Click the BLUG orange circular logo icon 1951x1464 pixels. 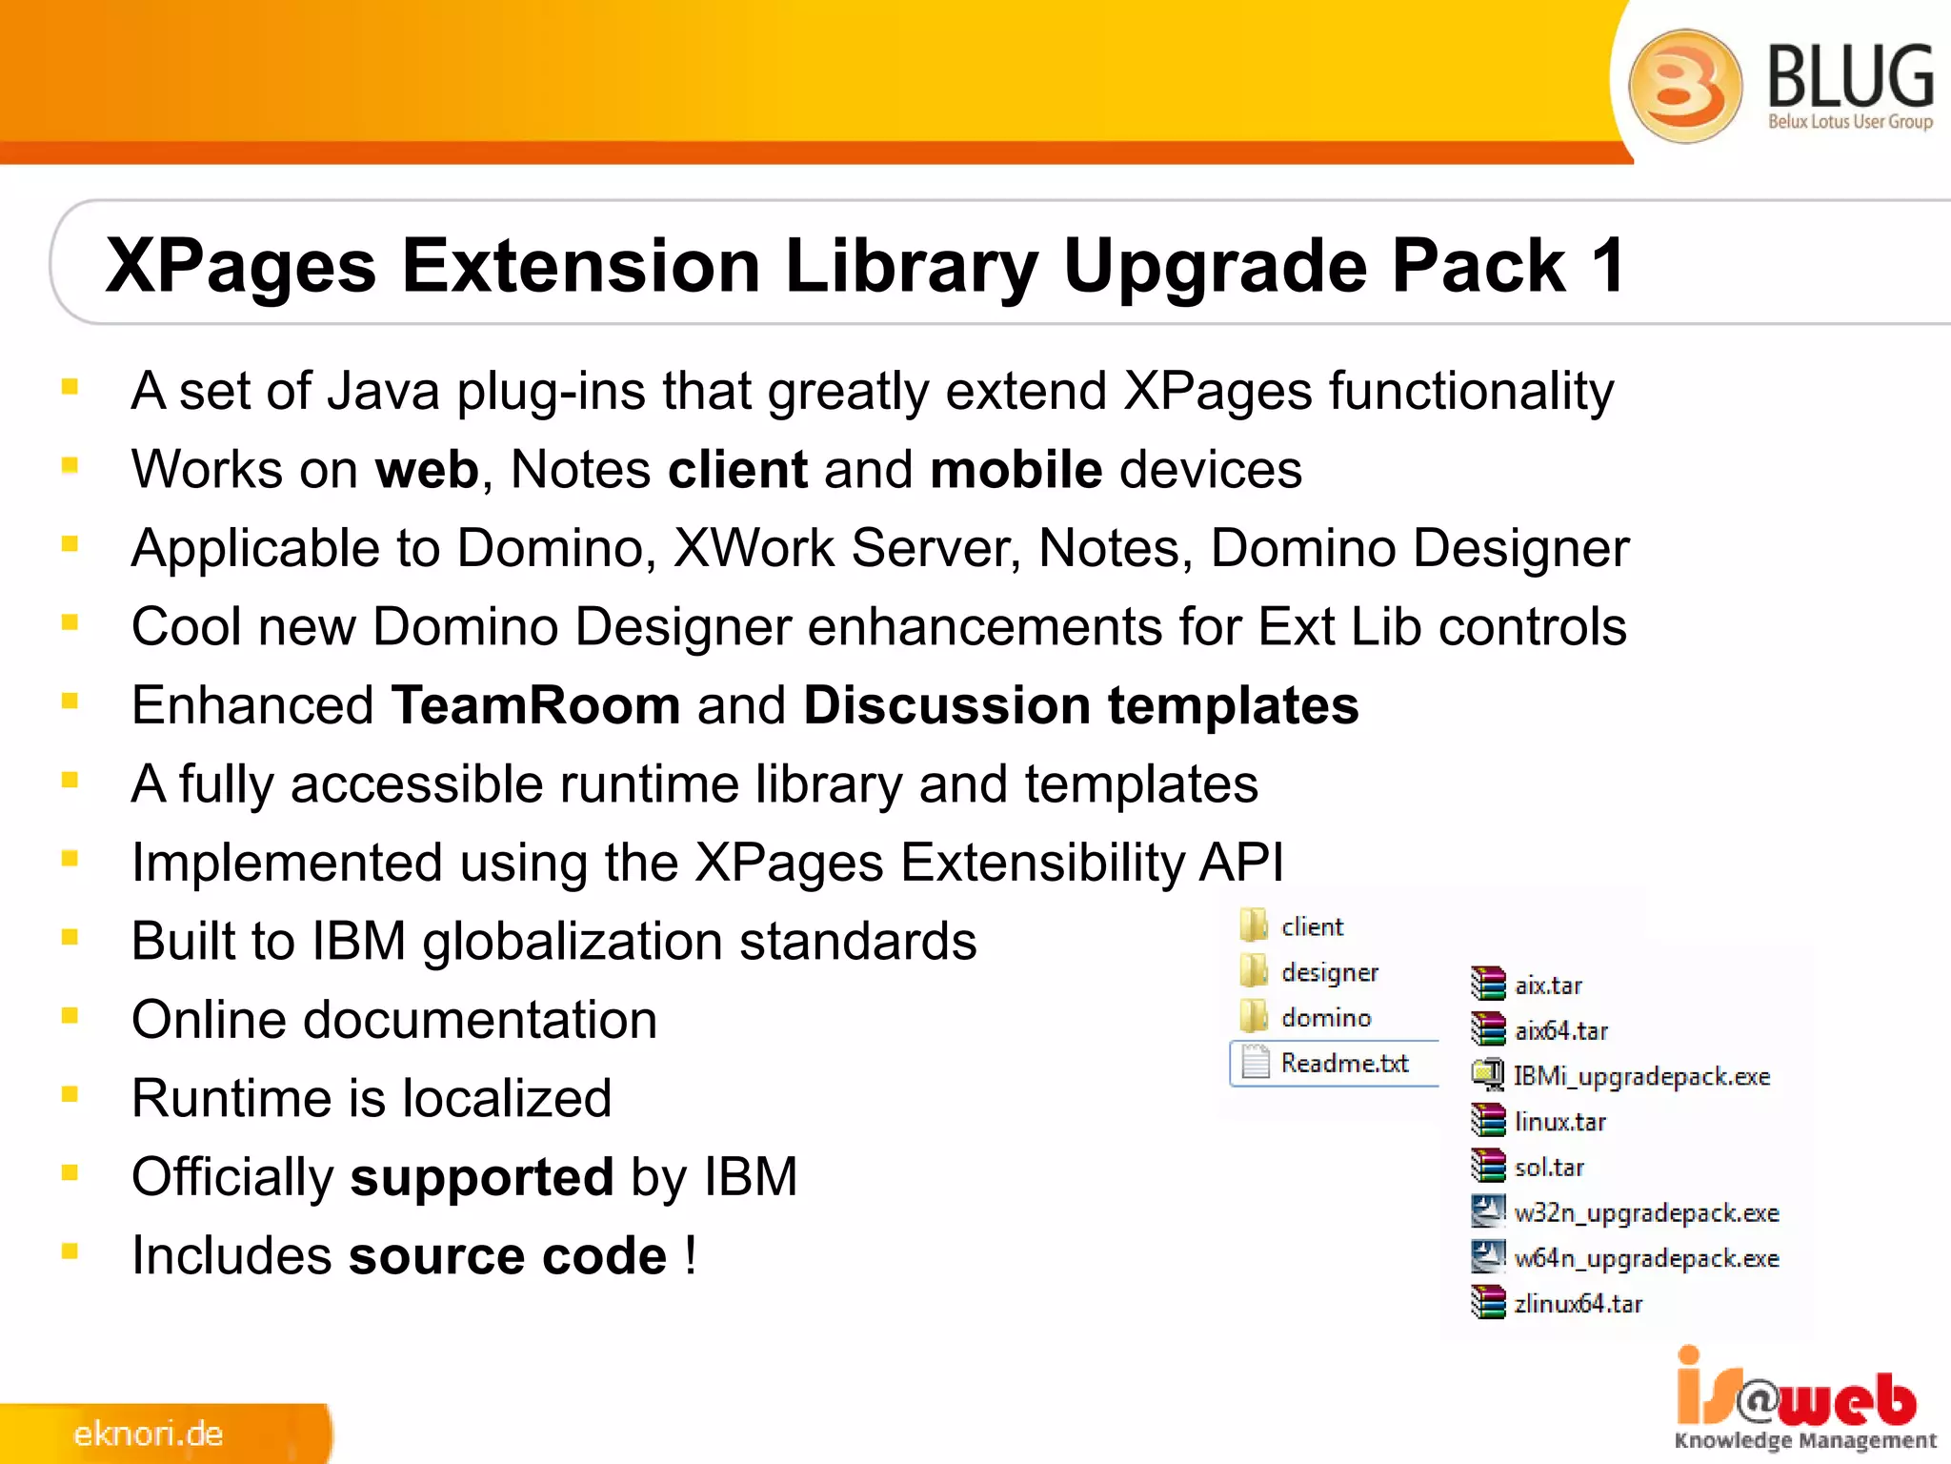tap(1684, 86)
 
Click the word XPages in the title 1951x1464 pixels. tap(241, 267)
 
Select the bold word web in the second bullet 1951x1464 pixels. tap(427, 469)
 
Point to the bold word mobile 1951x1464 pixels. tap(1016, 469)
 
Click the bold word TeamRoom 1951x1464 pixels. tap(535, 705)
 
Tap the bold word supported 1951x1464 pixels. tap(481, 1177)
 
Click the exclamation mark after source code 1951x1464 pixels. tap(690, 1254)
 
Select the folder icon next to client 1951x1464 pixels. tap(1254, 925)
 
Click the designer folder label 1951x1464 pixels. tap(1329, 972)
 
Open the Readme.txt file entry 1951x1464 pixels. tap(1343, 1063)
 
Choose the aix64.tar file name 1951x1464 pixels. tap(1560, 1030)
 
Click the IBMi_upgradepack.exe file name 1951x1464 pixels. tap(1641, 1076)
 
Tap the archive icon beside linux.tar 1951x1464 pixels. tap(1487, 1121)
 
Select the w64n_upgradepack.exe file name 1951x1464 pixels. tap(1646, 1258)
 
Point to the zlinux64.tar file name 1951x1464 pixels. tap(1578, 1303)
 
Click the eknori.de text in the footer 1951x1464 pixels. tap(149, 1433)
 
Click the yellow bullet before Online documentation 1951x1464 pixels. tap(70, 1016)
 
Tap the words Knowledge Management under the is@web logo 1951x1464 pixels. tap(1804, 1440)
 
